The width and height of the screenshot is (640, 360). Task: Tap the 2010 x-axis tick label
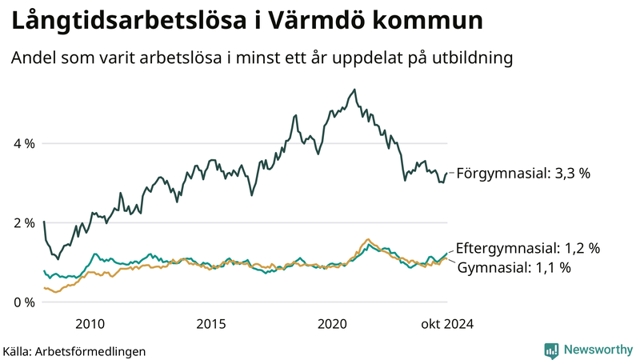tap(90, 323)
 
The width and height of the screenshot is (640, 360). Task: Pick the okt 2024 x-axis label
tap(447, 323)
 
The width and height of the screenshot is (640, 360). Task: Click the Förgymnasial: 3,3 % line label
tap(522, 173)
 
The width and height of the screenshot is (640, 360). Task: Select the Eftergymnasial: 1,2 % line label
tap(527, 248)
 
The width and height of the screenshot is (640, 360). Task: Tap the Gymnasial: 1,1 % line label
tap(514, 268)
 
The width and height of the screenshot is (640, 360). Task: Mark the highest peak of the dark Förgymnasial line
tap(355, 90)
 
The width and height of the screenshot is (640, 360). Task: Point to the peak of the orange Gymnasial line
tap(367, 239)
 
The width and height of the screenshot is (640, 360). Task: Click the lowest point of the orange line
tap(55, 292)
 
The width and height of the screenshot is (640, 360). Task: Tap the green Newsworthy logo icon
tap(551, 350)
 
